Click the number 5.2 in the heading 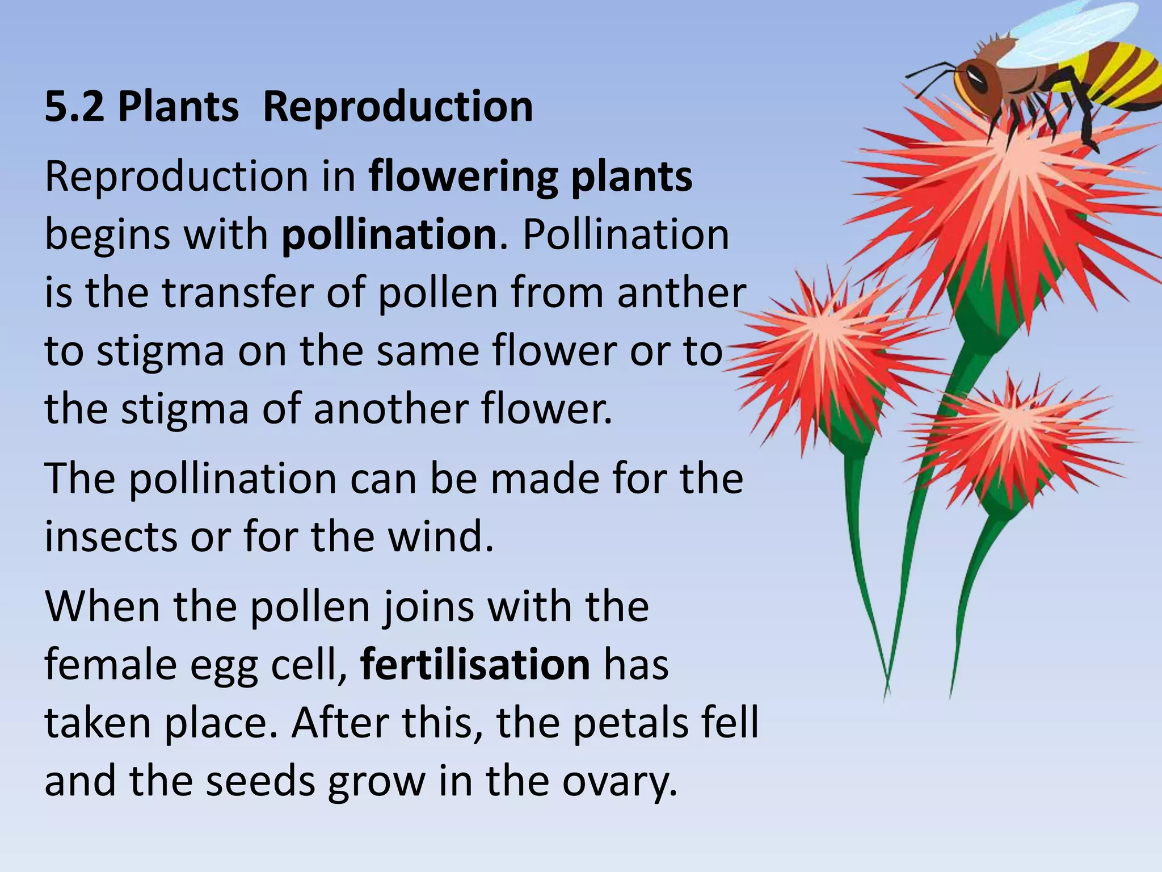point(74,107)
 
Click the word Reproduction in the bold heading point(398,107)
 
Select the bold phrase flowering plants point(531,177)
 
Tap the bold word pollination point(389,234)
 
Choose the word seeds point(260,782)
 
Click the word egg point(224,665)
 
